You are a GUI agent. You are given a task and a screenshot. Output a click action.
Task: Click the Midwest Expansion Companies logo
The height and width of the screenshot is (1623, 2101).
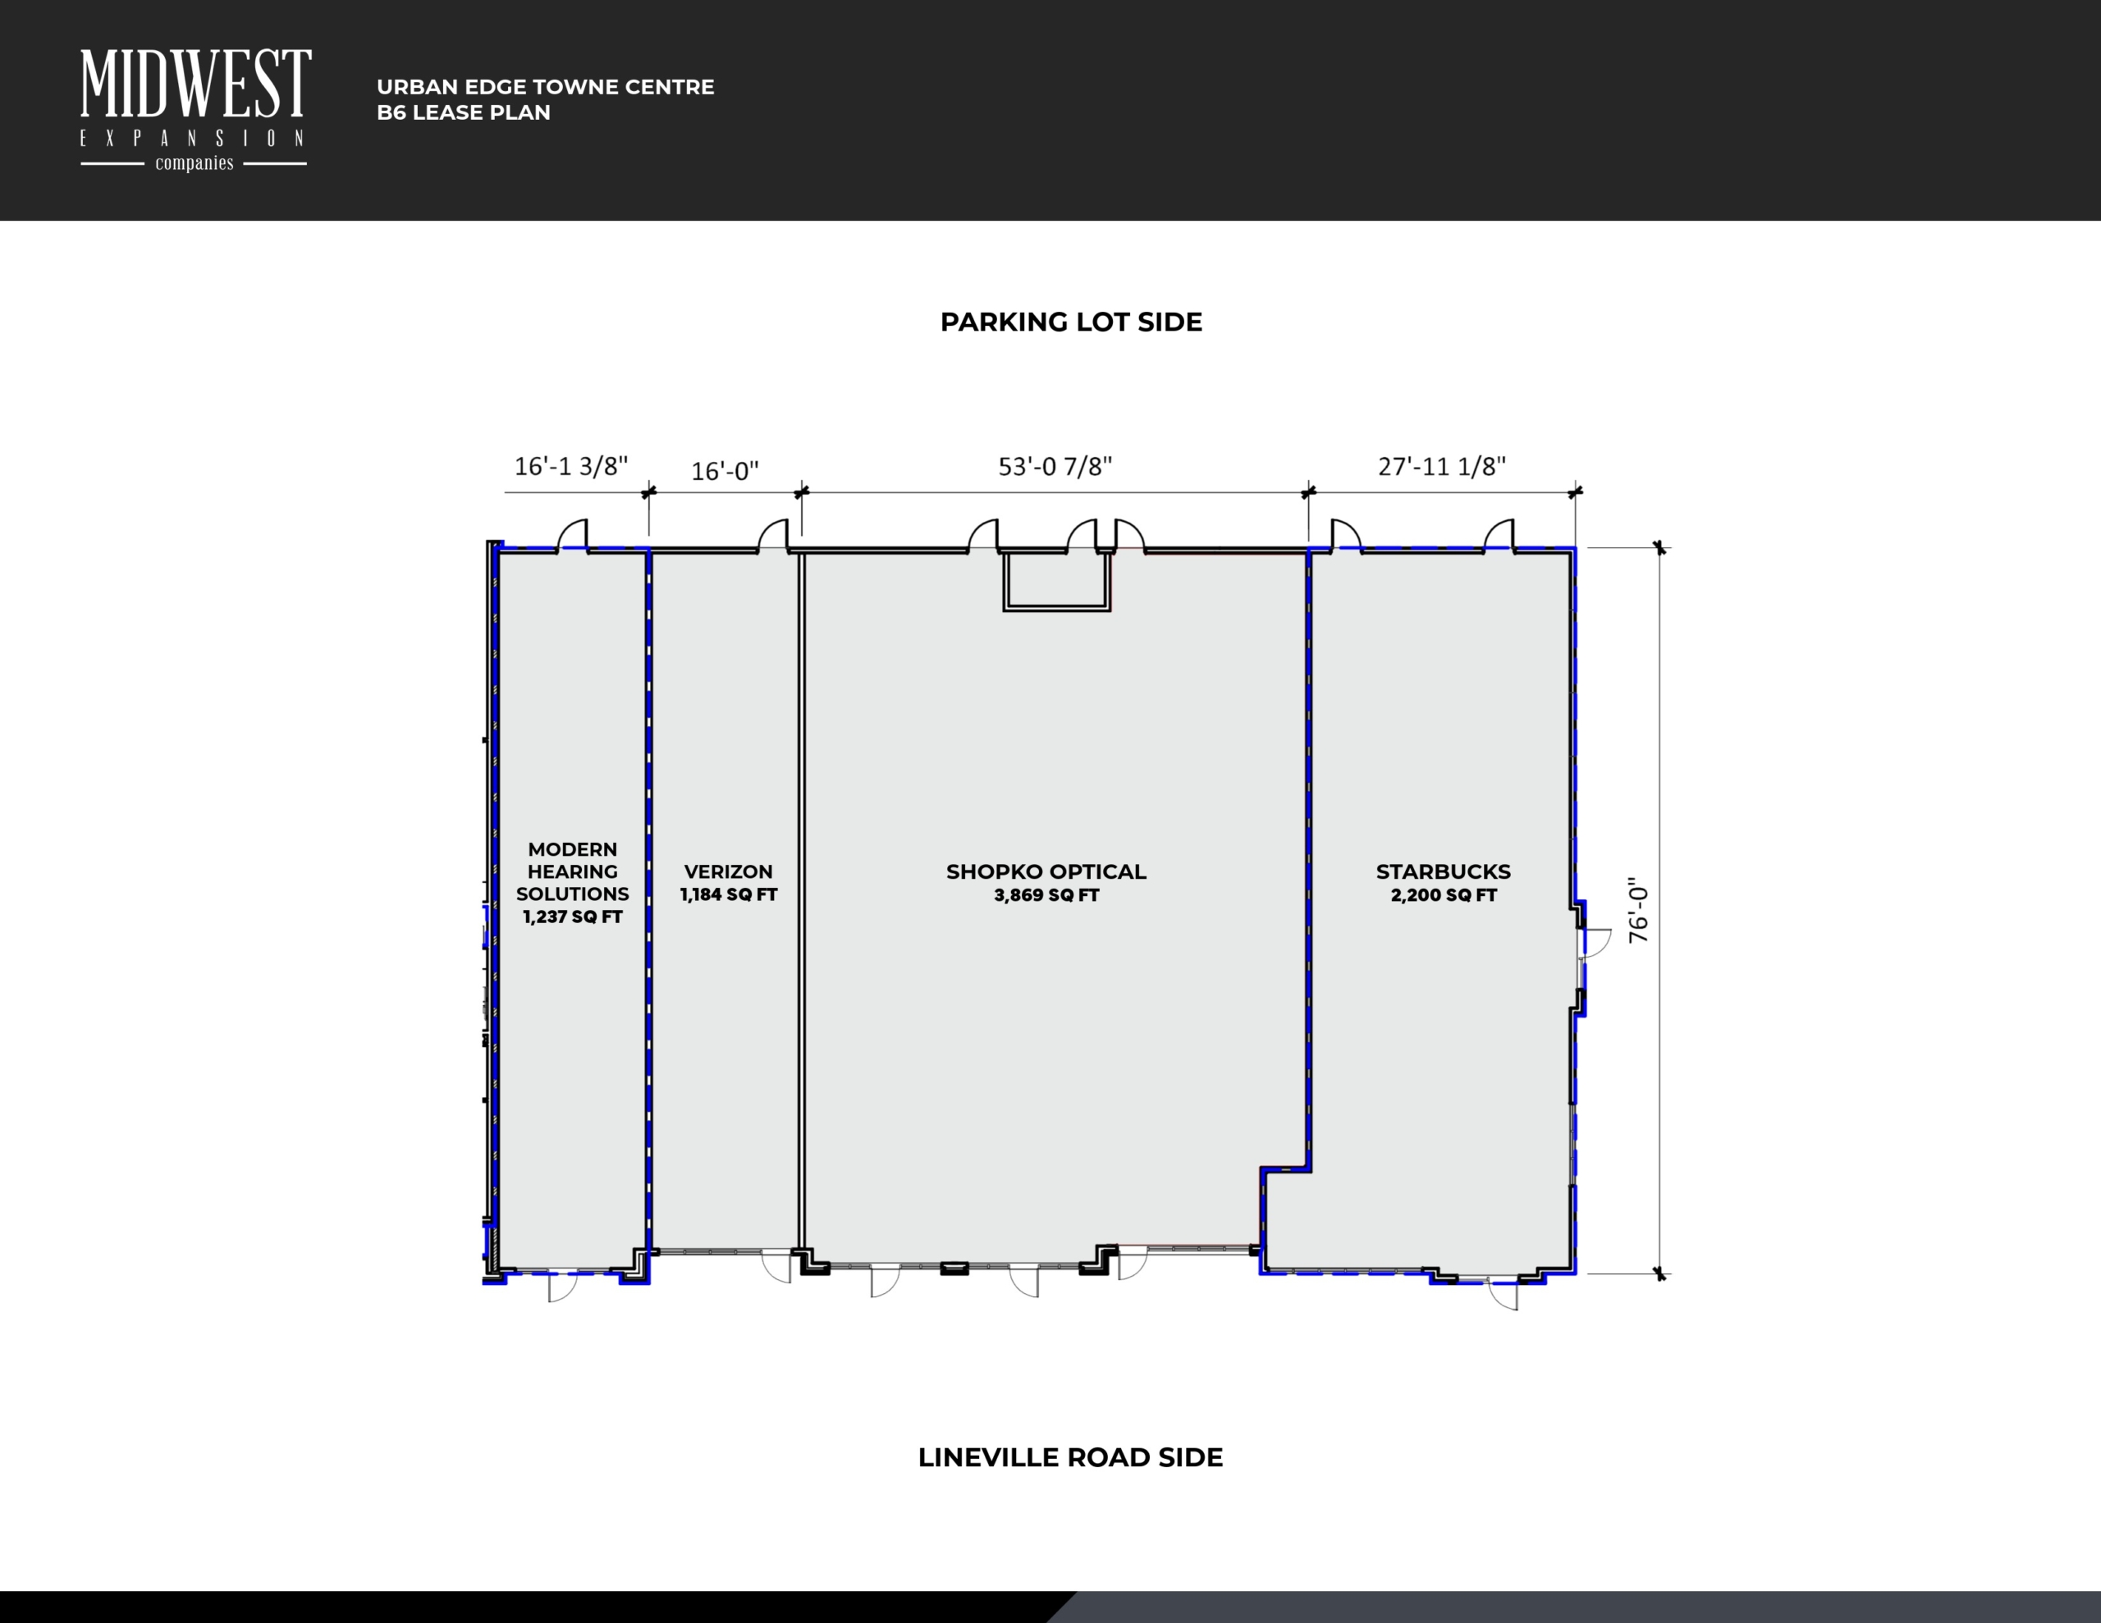[x=195, y=111]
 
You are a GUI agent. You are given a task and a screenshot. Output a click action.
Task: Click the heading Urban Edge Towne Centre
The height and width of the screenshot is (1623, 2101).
[x=546, y=87]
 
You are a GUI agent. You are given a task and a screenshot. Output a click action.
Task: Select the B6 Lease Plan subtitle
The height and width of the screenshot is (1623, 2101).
[x=464, y=112]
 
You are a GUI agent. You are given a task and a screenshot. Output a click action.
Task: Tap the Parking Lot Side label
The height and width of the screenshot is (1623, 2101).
[x=1071, y=322]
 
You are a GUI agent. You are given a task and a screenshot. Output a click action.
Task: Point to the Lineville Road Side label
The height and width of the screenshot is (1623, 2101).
[x=1071, y=1457]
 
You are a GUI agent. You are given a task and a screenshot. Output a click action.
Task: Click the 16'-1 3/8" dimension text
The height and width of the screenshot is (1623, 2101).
[x=571, y=467]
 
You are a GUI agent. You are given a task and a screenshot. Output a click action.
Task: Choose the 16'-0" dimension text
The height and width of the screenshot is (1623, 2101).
[x=726, y=472]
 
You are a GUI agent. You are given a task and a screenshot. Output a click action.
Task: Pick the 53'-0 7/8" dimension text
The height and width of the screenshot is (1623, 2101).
[x=1055, y=467]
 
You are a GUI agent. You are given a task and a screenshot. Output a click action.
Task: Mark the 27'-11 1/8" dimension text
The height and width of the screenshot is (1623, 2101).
[x=1442, y=467]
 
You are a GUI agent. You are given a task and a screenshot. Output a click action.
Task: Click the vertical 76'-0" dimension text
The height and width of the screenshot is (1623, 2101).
[x=1638, y=909]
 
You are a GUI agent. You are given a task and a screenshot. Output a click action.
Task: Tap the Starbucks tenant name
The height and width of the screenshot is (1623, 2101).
[x=1443, y=871]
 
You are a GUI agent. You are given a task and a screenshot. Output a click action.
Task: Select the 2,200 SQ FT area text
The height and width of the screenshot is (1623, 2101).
[x=1443, y=894]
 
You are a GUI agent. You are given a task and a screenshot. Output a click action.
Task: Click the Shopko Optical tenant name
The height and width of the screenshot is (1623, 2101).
[x=1046, y=871]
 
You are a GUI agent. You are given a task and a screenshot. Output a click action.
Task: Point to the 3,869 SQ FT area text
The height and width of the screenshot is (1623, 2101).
[x=1046, y=894]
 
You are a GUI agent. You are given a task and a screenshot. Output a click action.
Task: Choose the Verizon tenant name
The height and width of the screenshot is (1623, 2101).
[x=728, y=871]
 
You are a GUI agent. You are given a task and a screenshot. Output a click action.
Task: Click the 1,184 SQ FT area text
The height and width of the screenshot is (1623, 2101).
[x=728, y=894]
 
